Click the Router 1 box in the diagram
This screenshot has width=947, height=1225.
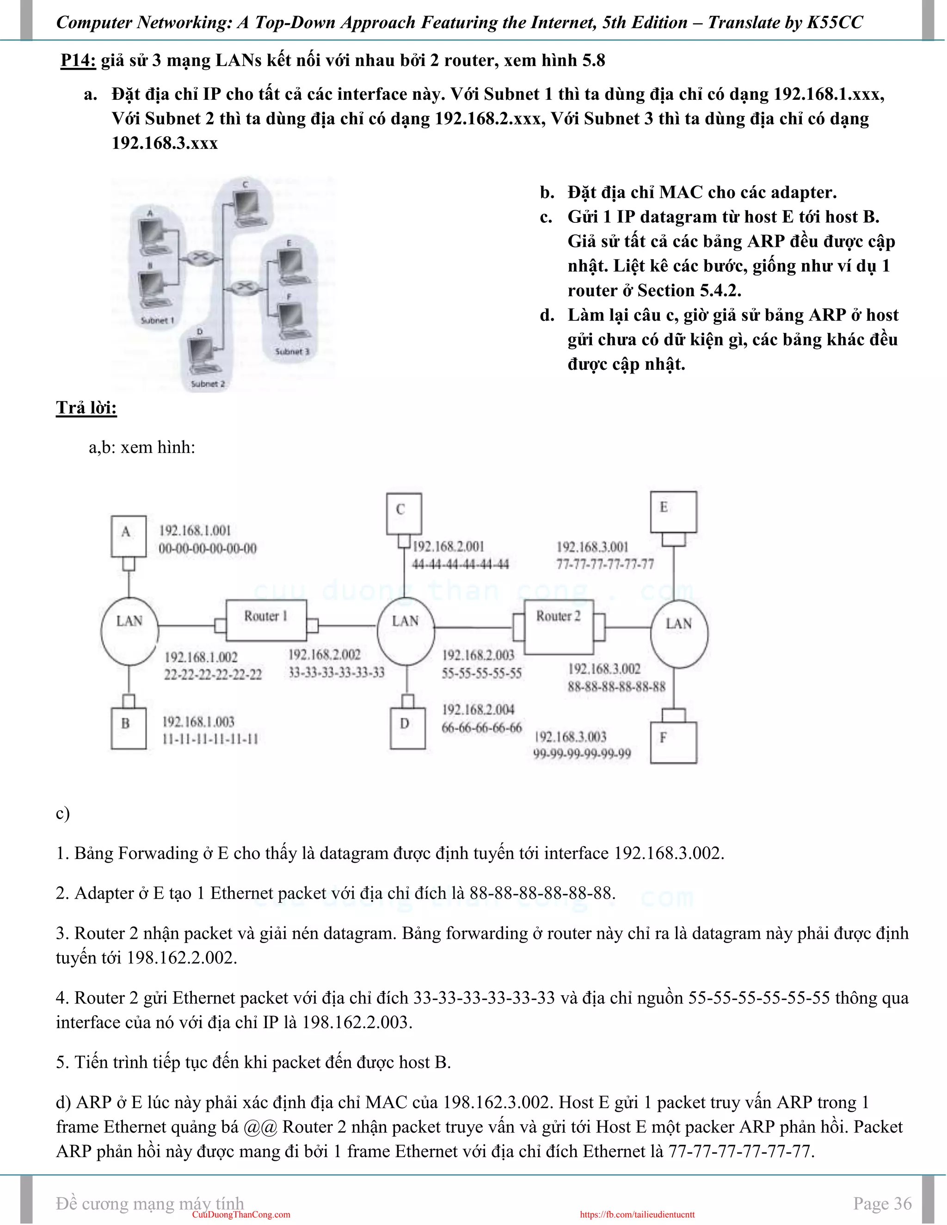266,620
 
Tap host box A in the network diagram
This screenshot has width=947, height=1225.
128,536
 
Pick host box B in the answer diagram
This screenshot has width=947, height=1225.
128,728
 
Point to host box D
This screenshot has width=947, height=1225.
407,728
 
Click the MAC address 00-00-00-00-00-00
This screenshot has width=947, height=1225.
208,549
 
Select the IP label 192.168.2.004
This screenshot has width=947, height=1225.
478,710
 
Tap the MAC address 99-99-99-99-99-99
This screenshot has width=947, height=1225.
582,754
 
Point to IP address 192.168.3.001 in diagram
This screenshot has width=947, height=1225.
592,547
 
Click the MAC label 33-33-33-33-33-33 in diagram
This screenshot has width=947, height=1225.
337,673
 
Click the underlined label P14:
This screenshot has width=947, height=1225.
78,61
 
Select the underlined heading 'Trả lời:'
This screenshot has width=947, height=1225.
86,408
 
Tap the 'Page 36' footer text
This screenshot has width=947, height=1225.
882,1203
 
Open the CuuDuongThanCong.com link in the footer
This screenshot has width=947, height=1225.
241,1215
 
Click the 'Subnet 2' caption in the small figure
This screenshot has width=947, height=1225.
208,384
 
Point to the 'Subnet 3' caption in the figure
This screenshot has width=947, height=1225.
292,352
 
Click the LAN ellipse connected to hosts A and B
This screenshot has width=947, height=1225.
129,631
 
